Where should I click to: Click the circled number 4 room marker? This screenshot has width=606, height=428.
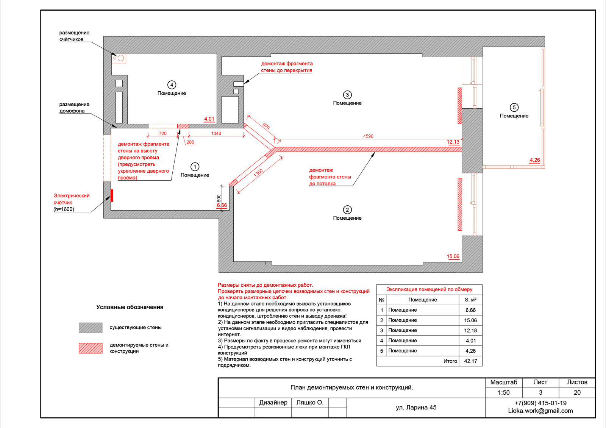(x=172, y=85)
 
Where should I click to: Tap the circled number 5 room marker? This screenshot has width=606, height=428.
(x=514, y=108)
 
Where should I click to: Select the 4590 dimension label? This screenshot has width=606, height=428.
(x=368, y=136)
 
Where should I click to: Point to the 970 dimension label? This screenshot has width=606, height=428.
(x=266, y=127)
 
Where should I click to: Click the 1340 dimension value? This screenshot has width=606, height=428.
(x=216, y=133)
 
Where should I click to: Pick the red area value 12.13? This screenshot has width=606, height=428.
(x=453, y=142)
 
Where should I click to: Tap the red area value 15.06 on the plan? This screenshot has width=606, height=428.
(x=453, y=256)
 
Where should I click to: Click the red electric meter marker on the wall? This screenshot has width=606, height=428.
(x=112, y=195)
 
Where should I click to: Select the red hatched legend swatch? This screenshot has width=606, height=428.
(x=91, y=348)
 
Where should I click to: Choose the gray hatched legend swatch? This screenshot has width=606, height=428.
(x=91, y=328)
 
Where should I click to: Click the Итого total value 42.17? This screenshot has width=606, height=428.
(x=470, y=361)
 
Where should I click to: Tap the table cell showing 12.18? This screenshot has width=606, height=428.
(x=470, y=330)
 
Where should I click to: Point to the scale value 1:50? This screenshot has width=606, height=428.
(x=503, y=392)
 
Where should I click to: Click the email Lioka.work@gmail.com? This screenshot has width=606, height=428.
(x=540, y=411)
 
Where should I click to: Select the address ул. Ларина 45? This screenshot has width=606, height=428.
(x=416, y=408)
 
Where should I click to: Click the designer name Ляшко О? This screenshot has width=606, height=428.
(x=310, y=402)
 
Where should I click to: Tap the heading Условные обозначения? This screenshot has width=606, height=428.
(x=130, y=307)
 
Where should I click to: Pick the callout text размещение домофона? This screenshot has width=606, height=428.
(x=74, y=108)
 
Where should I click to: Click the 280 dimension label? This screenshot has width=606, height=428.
(x=190, y=142)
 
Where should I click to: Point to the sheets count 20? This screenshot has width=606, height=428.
(x=577, y=392)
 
